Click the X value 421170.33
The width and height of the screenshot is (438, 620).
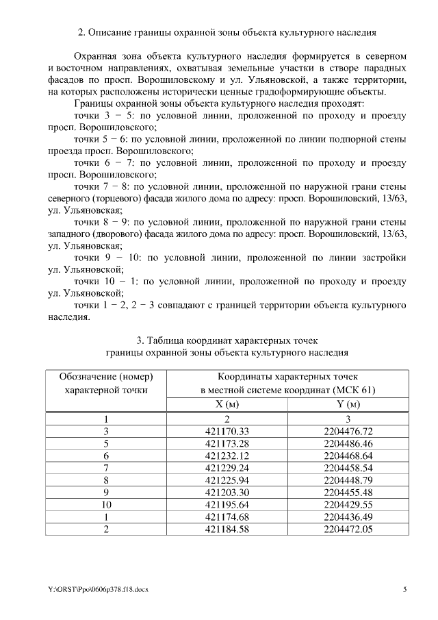tap(227, 431)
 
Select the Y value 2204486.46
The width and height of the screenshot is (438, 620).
tap(348, 443)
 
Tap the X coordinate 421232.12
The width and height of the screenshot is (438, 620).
tap(227, 456)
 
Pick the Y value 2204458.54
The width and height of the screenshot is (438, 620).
tap(348, 468)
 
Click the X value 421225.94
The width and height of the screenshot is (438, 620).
tap(227, 480)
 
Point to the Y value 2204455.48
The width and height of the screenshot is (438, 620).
tap(348, 493)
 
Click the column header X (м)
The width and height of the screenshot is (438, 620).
tap(227, 404)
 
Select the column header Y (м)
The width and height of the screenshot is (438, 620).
tap(348, 404)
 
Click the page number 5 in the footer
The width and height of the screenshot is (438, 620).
tap(404, 589)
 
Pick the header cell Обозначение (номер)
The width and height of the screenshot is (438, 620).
tap(106, 377)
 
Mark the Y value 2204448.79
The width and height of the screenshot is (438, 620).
tap(348, 480)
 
